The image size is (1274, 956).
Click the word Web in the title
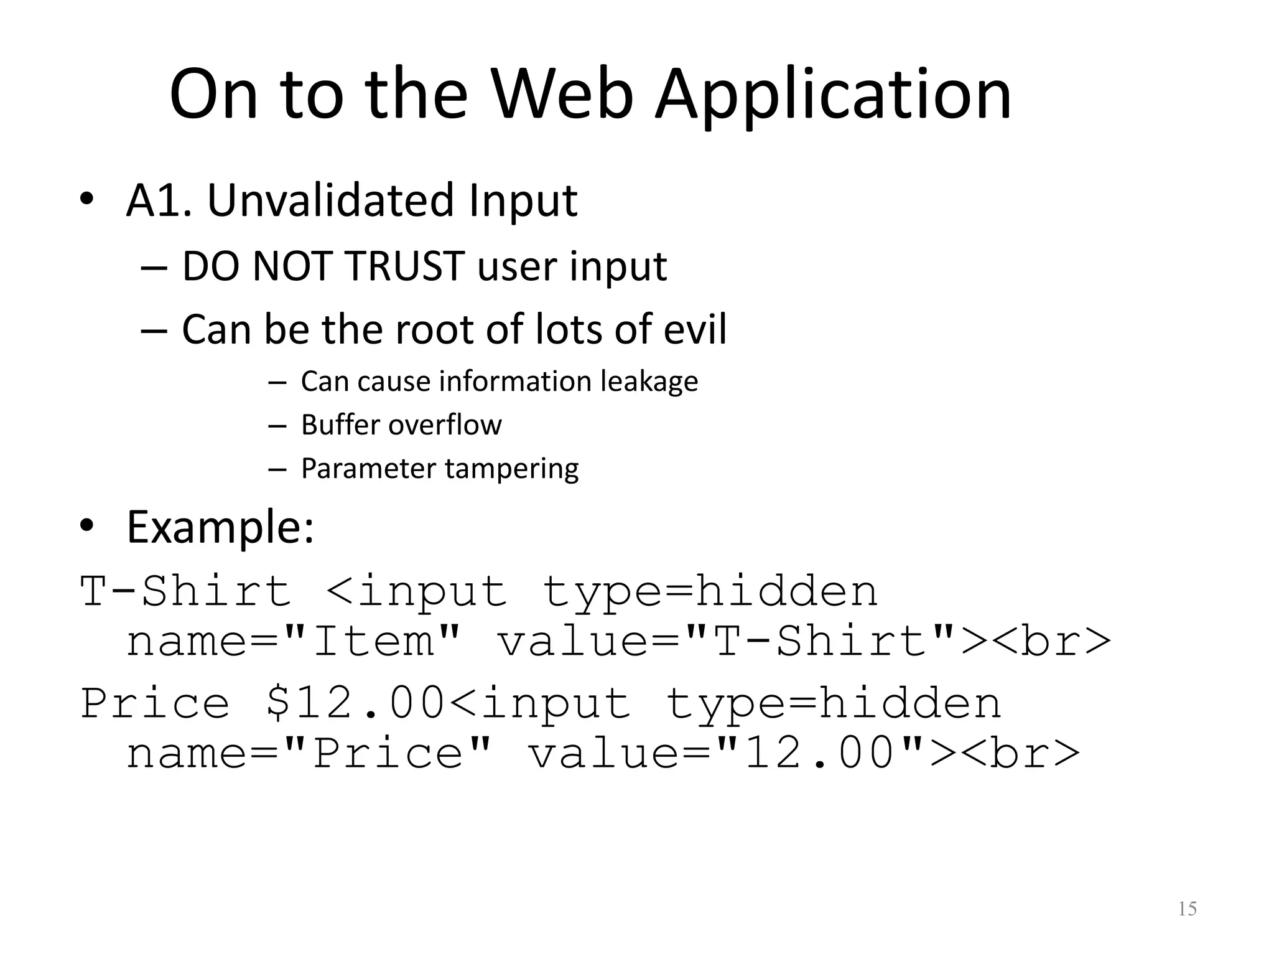click(x=562, y=95)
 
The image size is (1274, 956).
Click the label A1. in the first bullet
click(x=159, y=200)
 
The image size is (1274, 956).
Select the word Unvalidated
click(x=330, y=200)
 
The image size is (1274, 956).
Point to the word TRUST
click(x=404, y=266)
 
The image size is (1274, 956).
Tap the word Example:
click(x=220, y=528)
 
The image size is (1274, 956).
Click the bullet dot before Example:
click(x=86, y=526)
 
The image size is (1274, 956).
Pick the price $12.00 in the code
click(x=355, y=703)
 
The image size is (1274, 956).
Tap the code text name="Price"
click(x=309, y=754)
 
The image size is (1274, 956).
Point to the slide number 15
click(x=1187, y=909)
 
